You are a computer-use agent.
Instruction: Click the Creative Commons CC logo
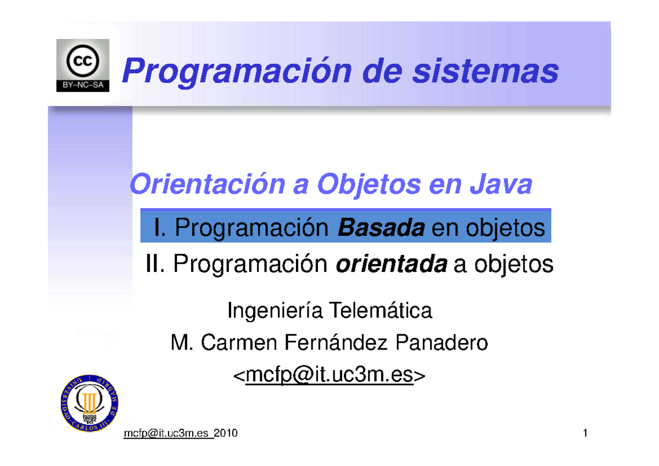coord(83,60)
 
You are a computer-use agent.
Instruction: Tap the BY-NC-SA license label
coord(83,86)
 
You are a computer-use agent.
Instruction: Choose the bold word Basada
coord(381,227)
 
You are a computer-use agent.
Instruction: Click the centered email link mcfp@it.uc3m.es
coord(329,376)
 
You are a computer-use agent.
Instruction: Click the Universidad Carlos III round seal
coord(90,404)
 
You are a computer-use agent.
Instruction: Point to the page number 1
coord(585,434)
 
